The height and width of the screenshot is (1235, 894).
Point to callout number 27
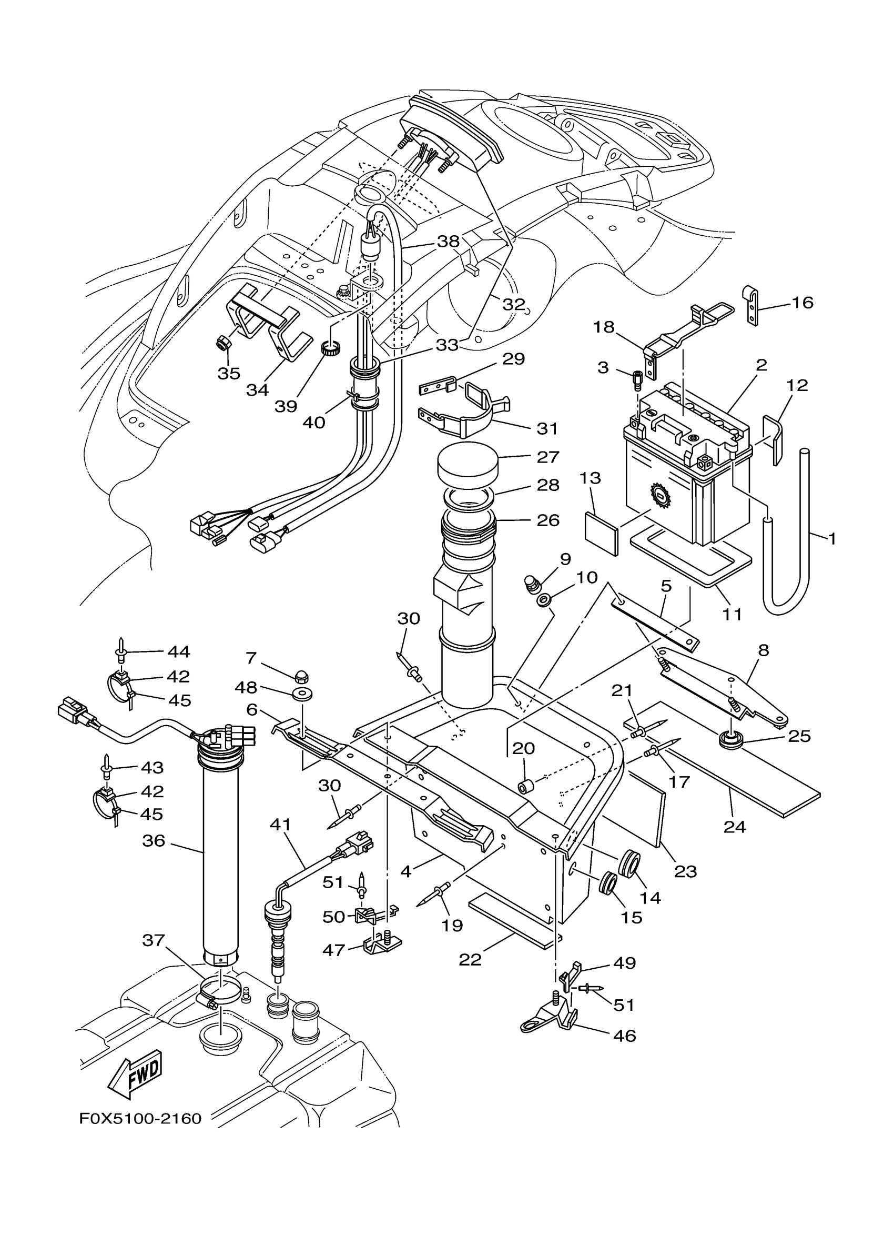548,457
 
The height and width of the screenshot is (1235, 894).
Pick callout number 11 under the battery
733,614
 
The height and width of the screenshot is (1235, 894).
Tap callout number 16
802,302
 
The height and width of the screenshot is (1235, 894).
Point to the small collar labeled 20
524,787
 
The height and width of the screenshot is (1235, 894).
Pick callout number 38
449,241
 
